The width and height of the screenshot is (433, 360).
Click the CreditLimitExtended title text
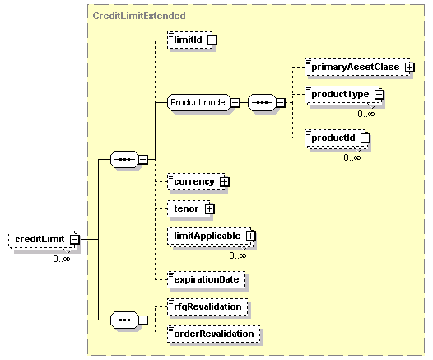coord(139,16)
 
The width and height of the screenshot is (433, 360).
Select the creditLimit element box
coord(44,239)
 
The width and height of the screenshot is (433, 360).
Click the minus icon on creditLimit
coord(75,239)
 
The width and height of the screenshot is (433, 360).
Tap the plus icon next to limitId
coord(212,40)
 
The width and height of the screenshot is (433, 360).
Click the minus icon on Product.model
coord(235,102)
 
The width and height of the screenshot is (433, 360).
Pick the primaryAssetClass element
coord(360,67)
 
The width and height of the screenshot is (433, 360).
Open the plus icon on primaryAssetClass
coord(410,67)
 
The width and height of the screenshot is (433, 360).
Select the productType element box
coord(345,96)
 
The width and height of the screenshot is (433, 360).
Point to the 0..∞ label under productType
coord(366,114)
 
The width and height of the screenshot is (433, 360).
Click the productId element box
coord(338,139)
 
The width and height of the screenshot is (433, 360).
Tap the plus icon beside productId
coord(365,138)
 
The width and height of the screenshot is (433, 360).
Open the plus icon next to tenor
coord(210,209)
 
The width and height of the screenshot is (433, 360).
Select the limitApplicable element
coord(212,237)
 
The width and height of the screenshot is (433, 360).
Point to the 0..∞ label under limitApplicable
coord(238,255)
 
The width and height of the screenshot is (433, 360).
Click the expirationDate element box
coord(207,279)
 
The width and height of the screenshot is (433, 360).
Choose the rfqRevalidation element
coord(207,306)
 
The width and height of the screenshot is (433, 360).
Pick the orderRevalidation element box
coord(214,334)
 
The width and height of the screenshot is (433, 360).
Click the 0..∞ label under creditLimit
coord(62,259)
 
